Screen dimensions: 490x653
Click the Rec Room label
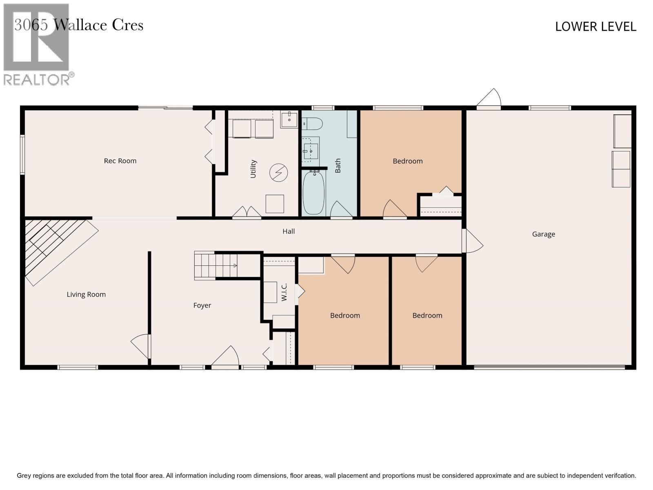click(x=120, y=161)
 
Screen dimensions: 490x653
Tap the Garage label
click(x=543, y=234)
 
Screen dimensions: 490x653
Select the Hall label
click(x=289, y=231)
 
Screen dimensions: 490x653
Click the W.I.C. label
click(x=284, y=292)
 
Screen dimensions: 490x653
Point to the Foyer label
click(x=202, y=305)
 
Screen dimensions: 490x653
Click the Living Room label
click(x=86, y=294)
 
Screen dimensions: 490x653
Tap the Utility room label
click(x=253, y=169)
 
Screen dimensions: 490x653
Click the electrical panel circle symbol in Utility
click(x=278, y=173)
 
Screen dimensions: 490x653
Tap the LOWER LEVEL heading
click(x=595, y=27)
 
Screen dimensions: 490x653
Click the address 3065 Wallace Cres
click(x=79, y=25)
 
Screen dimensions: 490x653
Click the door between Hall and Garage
click(x=472, y=241)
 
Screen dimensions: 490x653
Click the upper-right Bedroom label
click(x=407, y=161)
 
